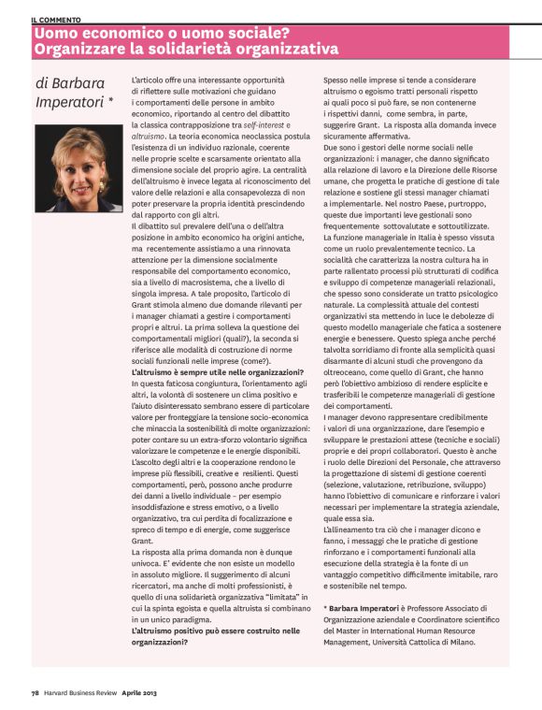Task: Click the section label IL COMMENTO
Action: point(55,19)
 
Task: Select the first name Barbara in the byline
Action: point(80,81)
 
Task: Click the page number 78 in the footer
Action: point(34,694)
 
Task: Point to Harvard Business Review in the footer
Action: point(82,694)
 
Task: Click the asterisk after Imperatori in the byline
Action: point(111,97)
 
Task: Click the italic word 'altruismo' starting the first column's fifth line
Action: point(151,136)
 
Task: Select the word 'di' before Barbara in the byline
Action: point(43,81)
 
